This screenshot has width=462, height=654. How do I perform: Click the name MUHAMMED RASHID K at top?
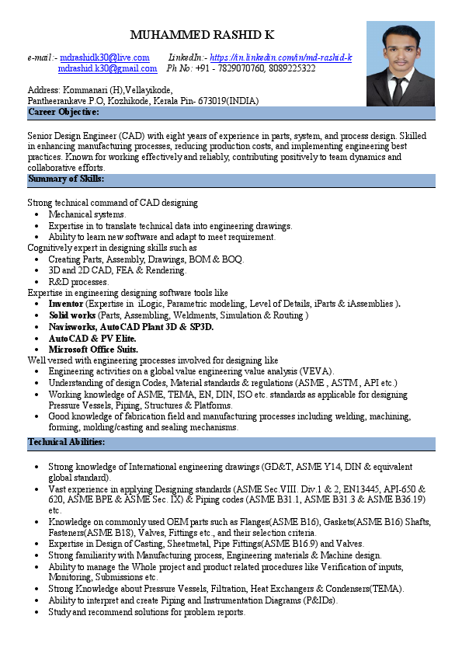point(202,36)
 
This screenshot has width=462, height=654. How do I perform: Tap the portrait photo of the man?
point(400,64)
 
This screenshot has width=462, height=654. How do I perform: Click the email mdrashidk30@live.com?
point(105,57)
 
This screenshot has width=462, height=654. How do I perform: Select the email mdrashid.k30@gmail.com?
point(108,68)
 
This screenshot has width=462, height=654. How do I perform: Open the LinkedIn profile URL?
point(281,57)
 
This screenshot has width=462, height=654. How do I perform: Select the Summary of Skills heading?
point(66,179)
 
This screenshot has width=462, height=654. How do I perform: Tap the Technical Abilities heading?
point(66,443)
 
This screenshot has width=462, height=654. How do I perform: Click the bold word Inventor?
point(65,304)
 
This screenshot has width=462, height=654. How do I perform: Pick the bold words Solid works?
point(72,315)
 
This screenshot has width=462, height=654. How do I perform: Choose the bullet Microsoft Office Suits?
point(93,350)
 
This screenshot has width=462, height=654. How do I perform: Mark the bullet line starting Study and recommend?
point(147,611)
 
